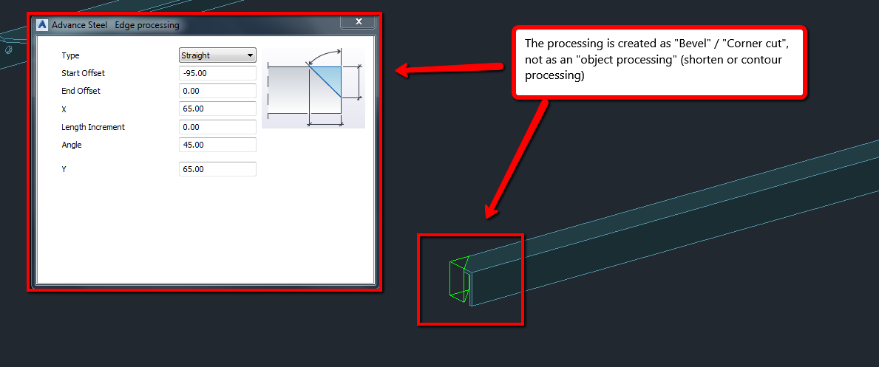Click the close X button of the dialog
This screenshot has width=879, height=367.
(x=359, y=22)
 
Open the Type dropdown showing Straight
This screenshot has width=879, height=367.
(x=218, y=55)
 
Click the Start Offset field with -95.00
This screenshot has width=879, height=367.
(x=218, y=73)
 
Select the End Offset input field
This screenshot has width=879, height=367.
(x=218, y=91)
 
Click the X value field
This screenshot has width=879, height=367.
(x=218, y=109)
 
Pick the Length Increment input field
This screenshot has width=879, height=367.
(x=218, y=127)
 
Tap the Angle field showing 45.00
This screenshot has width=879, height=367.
(x=218, y=145)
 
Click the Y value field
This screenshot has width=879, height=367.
(x=218, y=169)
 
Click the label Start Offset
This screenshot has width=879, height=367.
(x=83, y=73)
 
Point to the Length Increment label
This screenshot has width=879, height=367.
(x=93, y=127)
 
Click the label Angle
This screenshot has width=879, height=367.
(x=72, y=145)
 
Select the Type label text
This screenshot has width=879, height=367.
(x=70, y=55)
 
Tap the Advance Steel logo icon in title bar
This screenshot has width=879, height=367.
(x=42, y=25)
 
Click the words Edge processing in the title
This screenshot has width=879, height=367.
(x=146, y=25)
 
